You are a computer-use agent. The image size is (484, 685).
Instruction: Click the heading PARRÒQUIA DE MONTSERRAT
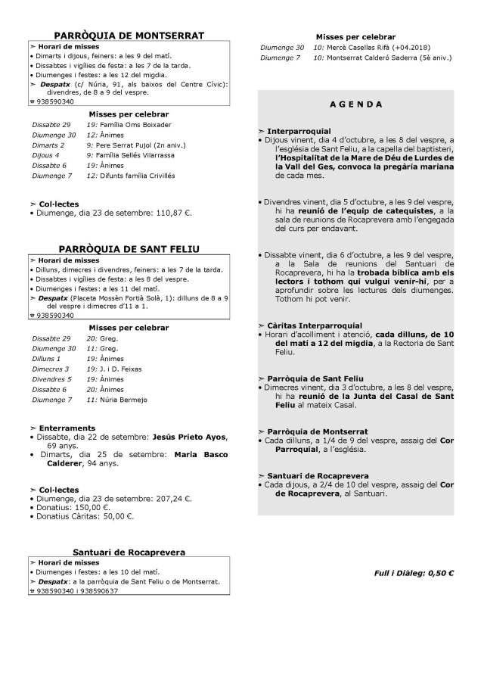(x=129, y=35)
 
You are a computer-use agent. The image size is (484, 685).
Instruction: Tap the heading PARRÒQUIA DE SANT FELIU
(x=129, y=248)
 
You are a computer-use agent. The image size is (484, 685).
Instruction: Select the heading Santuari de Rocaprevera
(x=129, y=553)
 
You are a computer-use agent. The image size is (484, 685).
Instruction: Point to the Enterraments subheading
(x=65, y=428)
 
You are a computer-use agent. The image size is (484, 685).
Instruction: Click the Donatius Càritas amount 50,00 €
(x=116, y=517)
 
